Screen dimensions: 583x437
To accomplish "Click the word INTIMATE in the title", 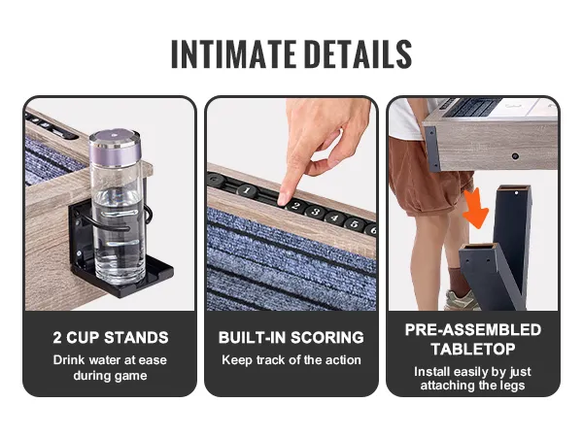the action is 233,54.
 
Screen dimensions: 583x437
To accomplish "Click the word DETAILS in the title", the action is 360,54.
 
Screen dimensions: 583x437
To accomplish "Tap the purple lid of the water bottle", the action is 115,147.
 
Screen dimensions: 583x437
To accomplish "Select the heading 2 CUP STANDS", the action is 111,338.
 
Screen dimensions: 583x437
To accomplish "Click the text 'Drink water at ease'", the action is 110,359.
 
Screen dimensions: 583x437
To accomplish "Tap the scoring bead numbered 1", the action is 246,190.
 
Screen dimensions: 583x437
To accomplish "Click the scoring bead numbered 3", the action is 316,212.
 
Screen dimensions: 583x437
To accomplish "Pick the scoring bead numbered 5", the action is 354,223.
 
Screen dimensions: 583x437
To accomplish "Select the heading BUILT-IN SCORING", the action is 291,338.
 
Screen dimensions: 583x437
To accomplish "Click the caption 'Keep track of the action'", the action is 291,359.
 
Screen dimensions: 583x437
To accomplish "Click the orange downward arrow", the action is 475,209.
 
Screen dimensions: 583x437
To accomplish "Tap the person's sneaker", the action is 461,299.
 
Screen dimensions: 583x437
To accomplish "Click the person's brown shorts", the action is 428,175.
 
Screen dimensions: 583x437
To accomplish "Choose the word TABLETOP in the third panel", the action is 473,349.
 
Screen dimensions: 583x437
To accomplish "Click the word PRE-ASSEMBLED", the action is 473,330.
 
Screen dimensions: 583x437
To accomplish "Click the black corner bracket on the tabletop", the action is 432,148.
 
